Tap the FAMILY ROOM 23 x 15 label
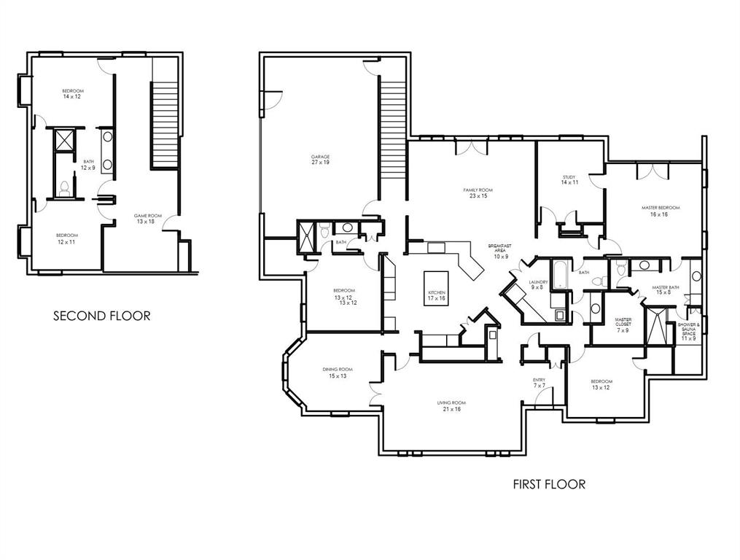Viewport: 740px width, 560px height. point(478,192)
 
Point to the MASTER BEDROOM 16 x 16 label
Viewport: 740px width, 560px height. point(661,211)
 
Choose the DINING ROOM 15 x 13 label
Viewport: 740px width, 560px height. point(338,373)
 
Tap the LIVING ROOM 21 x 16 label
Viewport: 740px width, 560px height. point(451,405)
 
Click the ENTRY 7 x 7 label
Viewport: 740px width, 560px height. point(540,382)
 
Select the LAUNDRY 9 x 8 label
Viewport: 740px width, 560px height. point(538,284)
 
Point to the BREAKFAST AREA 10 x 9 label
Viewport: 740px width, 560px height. point(501,251)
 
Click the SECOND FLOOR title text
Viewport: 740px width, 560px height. point(102,316)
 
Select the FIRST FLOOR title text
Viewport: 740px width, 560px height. point(549,484)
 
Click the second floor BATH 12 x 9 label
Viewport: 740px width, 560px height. point(88,165)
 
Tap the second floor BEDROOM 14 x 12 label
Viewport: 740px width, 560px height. point(73,93)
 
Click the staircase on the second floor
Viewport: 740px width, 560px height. point(165,124)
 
